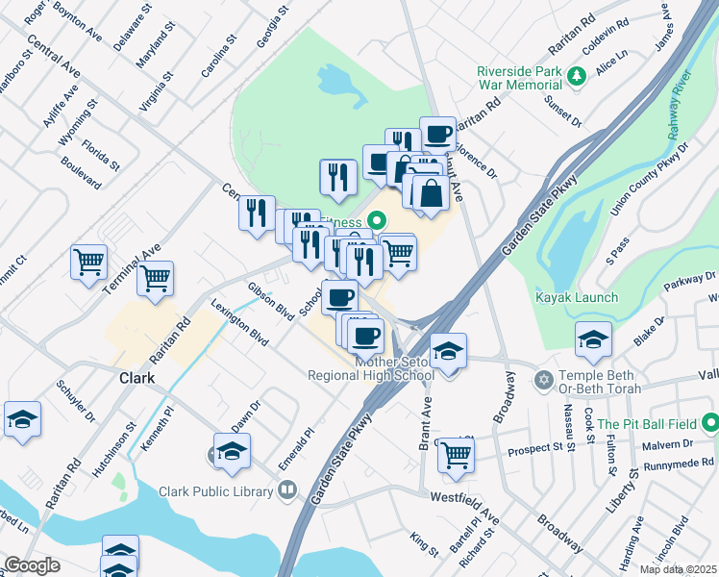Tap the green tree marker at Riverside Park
pyautogui.click(x=577, y=76)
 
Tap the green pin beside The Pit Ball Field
pyautogui.click(x=709, y=423)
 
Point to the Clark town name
pyautogui.click(x=136, y=378)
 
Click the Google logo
pyautogui.click(x=32, y=565)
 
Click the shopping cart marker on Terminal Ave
pyautogui.click(x=155, y=278)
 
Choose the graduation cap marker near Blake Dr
pyautogui.click(x=593, y=338)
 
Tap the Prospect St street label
pyautogui.click(x=535, y=448)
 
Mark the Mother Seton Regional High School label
pyautogui.click(x=371, y=368)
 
